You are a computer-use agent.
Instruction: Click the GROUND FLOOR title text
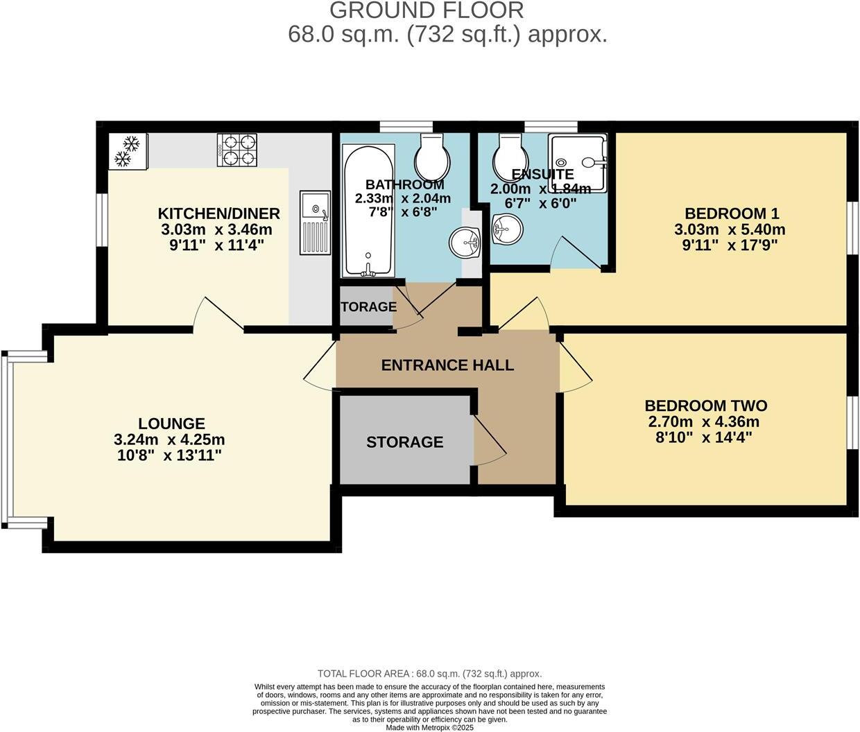coord(427,10)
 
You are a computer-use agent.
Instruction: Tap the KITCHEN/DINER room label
coord(219,214)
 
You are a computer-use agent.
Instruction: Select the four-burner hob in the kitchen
coord(238,150)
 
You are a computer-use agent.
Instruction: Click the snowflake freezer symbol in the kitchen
coord(128,152)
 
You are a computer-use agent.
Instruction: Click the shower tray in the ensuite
coord(578,164)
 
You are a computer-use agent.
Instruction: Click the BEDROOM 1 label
coord(730,214)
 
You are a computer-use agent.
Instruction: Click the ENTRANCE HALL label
coord(447,365)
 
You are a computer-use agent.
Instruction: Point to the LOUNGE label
coord(171,424)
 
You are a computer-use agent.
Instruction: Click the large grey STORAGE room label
coord(404,442)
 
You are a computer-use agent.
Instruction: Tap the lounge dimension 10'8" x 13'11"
coord(169,455)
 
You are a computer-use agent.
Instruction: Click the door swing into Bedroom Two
coord(574,367)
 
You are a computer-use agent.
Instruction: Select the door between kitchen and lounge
coord(218,314)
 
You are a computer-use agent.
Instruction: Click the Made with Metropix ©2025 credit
coord(429,728)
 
